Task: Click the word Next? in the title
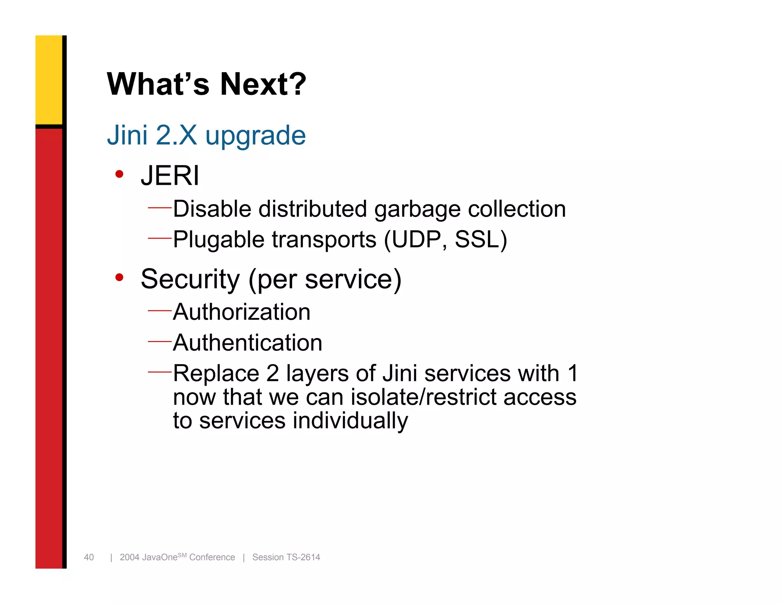point(263,84)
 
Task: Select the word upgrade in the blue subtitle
point(255,136)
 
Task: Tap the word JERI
point(170,176)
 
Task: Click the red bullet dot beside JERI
point(120,174)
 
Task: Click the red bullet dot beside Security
point(120,277)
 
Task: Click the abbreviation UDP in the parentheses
point(416,240)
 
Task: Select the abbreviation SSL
point(477,240)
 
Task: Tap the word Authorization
point(241,312)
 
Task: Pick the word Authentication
point(247,343)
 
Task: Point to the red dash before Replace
point(160,371)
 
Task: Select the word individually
point(350,421)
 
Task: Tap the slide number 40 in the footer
point(89,557)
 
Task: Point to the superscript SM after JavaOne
point(182,555)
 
